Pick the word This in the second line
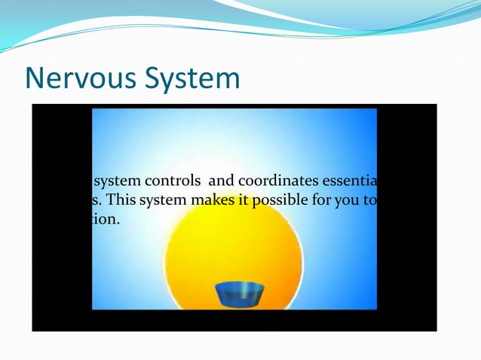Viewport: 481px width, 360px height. click(x=121, y=201)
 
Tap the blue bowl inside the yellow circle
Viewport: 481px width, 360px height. click(x=239, y=294)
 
